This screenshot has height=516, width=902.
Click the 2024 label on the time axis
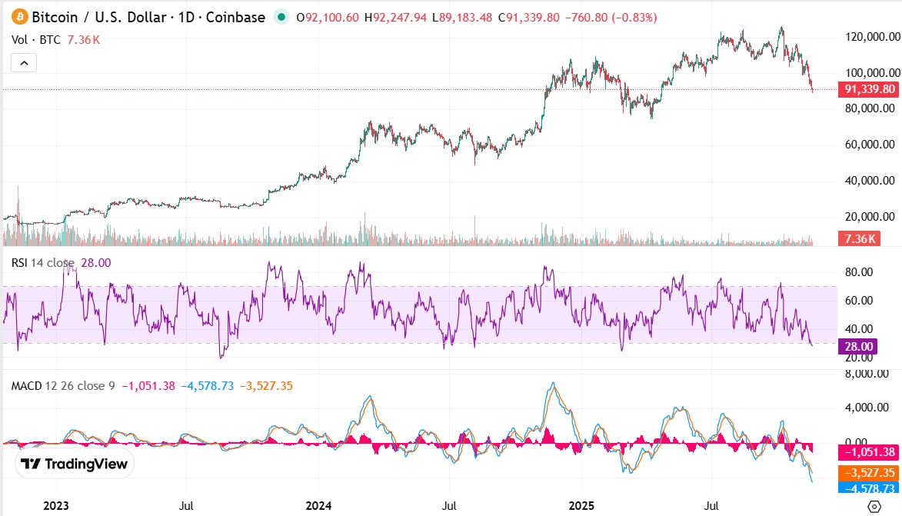click(x=318, y=506)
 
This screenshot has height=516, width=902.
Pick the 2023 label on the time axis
click(x=56, y=506)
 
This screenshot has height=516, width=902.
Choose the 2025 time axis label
click(x=581, y=506)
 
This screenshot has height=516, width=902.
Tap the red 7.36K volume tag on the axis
click(x=857, y=239)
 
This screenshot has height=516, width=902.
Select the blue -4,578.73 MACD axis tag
click(x=868, y=488)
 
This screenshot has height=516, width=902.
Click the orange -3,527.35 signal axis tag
click(x=868, y=473)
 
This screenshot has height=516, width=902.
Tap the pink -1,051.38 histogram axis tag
click(x=868, y=451)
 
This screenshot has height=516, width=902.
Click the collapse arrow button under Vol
click(x=23, y=63)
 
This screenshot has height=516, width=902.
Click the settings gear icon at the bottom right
click(x=874, y=506)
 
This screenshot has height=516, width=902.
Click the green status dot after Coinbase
click(x=281, y=17)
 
